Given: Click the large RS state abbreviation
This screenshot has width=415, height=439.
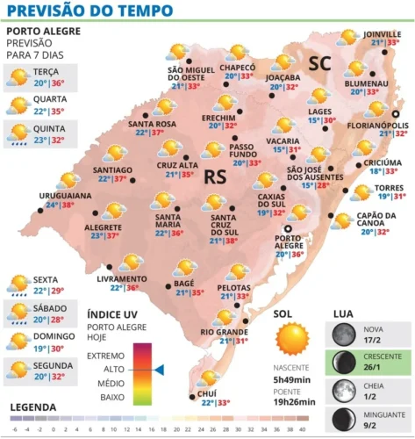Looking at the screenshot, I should point(216,176).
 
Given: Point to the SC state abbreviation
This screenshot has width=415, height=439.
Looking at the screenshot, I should point(320,61).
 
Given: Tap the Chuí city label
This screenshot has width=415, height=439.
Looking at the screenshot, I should point(208,392).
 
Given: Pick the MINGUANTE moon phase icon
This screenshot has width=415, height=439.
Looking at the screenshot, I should point(342,417).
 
